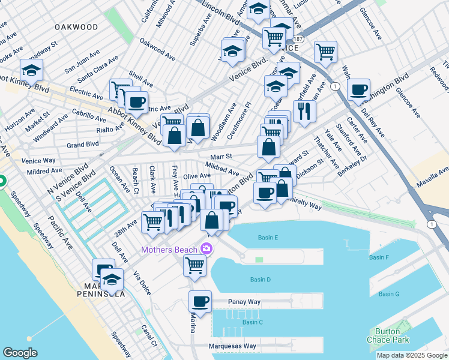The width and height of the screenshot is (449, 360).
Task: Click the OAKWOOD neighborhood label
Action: point(76,27)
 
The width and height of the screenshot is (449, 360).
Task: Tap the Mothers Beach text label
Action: point(170,249)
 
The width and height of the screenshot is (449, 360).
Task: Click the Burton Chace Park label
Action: point(391,335)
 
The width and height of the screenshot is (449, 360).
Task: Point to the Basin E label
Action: point(268,238)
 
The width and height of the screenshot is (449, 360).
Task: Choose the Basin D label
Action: point(260,280)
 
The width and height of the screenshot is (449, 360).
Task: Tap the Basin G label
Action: point(389,294)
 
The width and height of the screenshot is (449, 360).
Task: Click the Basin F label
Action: point(379,257)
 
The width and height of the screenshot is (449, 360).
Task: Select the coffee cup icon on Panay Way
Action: point(200,301)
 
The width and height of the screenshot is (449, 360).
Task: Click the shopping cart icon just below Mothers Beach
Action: point(194,265)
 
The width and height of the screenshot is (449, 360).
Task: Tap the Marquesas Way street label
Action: point(232,346)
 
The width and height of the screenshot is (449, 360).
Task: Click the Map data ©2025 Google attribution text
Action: point(412,355)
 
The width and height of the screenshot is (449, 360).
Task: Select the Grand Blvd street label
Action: point(83,145)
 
